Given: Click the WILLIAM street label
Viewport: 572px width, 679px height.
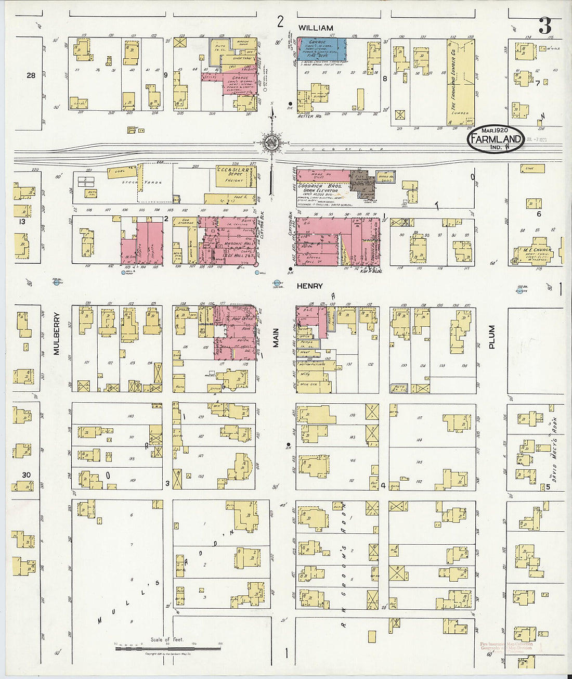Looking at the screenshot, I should [316, 28].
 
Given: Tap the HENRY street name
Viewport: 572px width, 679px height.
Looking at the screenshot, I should [310, 286].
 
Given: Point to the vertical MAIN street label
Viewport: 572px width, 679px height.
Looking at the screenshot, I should [276, 338].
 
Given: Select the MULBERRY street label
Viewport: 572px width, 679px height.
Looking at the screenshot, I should [56, 334].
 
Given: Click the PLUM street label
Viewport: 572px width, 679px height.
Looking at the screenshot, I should [491, 337].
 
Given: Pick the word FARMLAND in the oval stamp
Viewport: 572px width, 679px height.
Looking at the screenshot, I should [496, 139].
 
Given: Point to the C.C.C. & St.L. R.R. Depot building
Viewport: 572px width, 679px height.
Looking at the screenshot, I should [234, 176].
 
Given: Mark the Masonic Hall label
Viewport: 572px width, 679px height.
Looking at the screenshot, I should [235, 244].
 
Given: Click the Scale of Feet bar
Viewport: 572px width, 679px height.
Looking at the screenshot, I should [167, 648].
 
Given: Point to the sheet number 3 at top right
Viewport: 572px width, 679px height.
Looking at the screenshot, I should [544, 25].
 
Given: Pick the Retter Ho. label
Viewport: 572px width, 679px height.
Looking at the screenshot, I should [310, 117].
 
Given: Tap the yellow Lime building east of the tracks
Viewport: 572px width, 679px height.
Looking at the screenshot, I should [532, 169].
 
